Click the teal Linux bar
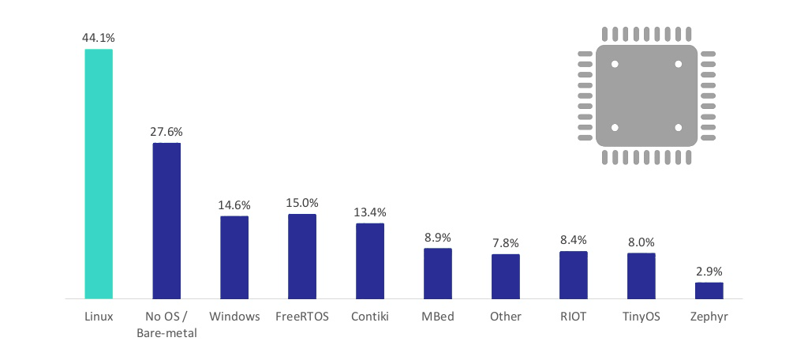[x=99, y=174]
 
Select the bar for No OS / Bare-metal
[x=166, y=221]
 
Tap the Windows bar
[x=234, y=257]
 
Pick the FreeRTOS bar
[x=302, y=257]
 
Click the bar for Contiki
[x=370, y=261]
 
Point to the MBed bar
[x=438, y=273]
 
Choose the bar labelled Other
[x=506, y=276]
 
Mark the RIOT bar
[x=574, y=275]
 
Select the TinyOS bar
[x=642, y=276]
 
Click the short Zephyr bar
[x=709, y=291]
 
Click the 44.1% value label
[x=99, y=37]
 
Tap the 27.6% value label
[x=166, y=131]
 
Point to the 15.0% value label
[x=302, y=202]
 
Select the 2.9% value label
[x=709, y=271]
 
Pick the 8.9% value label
[x=438, y=237]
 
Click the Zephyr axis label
[x=709, y=317]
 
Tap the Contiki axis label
[x=370, y=317]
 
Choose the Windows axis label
[x=234, y=317]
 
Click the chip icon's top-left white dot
[x=615, y=64]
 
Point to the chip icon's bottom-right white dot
[x=678, y=127]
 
